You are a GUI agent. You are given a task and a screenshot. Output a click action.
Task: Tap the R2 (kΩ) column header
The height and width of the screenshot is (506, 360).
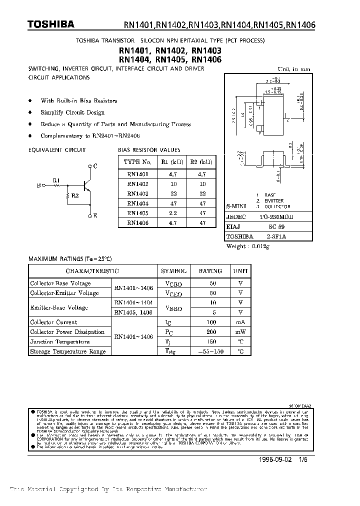click(x=202, y=162)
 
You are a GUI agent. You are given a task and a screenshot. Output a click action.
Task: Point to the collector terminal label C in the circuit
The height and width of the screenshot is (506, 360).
click(x=95, y=165)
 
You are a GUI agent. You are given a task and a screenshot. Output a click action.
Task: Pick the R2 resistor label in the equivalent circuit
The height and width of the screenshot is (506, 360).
click(x=74, y=195)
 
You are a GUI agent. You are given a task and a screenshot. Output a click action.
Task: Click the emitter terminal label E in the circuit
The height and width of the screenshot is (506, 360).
click(x=95, y=216)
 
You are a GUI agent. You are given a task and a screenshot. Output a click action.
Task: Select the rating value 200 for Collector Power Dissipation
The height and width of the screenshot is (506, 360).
click(x=210, y=332)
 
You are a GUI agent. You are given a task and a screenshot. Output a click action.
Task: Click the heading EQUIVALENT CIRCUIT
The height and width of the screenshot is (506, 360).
click(x=57, y=150)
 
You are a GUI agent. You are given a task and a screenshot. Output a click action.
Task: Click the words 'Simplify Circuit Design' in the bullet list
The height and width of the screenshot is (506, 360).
click(x=72, y=112)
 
